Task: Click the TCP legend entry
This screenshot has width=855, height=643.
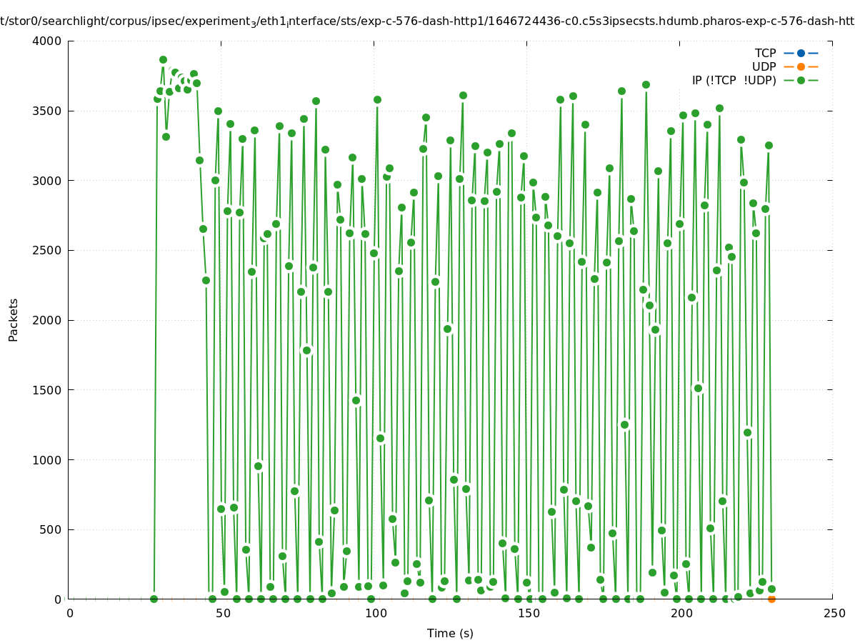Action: [765, 53]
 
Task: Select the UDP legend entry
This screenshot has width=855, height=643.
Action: [764, 66]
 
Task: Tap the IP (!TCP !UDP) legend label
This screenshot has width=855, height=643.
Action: [734, 80]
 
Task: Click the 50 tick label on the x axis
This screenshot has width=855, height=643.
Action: [222, 614]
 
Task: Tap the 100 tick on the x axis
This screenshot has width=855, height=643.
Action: [375, 614]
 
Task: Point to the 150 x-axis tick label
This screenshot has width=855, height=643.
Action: [528, 614]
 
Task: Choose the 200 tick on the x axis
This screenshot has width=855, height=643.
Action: [681, 614]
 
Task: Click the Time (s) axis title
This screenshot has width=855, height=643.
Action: [450, 633]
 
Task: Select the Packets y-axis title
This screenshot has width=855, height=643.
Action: [14, 320]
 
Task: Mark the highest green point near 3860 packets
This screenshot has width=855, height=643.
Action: [163, 60]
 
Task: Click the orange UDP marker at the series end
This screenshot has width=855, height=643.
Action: [771, 599]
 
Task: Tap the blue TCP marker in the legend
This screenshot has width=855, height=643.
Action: [801, 53]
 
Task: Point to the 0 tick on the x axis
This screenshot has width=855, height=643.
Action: [69, 614]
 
